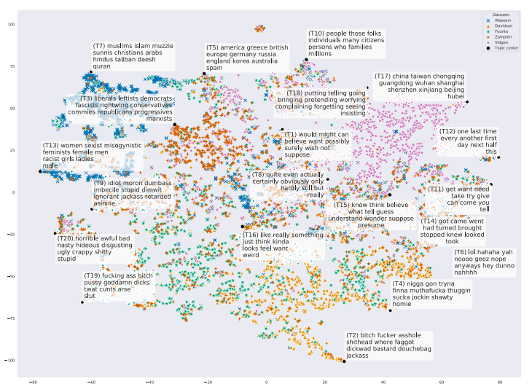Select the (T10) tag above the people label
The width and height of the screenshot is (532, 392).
tap(317, 34)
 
